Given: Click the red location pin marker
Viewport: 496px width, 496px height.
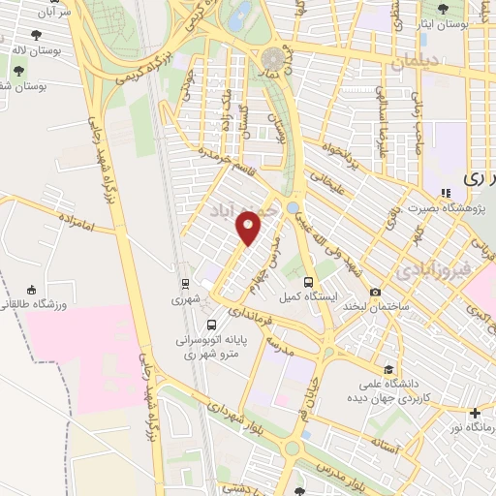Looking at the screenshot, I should coord(249,227).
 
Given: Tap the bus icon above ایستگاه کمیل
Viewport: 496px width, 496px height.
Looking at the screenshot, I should coord(284,282).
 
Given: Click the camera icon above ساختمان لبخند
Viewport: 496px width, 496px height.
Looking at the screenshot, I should coord(376,292).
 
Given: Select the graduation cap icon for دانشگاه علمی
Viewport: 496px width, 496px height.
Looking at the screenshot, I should coord(388,370).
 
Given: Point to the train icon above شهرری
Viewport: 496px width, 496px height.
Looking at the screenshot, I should coord(184,284).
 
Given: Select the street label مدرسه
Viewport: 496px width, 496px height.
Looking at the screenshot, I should coord(279,344).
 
